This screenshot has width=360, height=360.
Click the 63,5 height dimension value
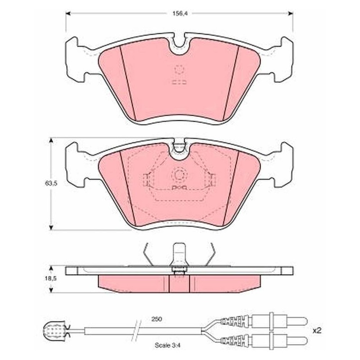pos(51,184)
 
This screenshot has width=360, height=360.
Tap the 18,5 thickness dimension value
pos(51,279)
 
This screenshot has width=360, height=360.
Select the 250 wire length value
pos(157,319)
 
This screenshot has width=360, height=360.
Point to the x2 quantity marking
pos(317,331)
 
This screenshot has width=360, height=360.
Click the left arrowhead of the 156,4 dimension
pos(68,13)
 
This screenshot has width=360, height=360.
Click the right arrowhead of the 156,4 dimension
pos(290,13)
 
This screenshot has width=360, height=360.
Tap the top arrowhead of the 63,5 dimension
pos(51,140)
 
